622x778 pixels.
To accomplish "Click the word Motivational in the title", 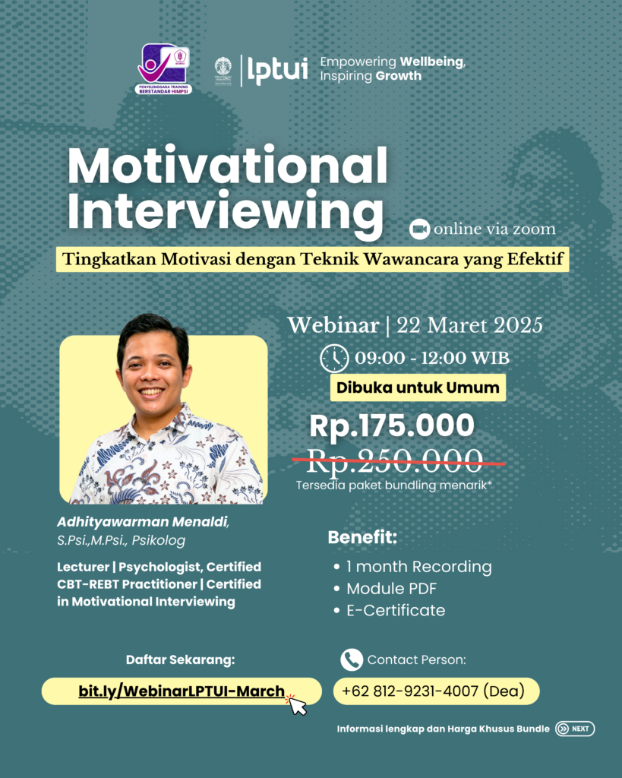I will (x=227, y=166).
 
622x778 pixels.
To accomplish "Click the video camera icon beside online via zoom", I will (x=418, y=229).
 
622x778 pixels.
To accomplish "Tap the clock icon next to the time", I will (x=334, y=358).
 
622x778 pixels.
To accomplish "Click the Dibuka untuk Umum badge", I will (x=418, y=387).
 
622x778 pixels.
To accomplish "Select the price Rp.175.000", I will (x=392, y=426).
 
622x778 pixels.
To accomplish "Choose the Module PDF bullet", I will (x=391, y=589).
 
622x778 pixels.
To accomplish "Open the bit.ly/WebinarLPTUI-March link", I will (x=182, y=691).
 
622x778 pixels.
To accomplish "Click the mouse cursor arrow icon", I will (x=297, y=705).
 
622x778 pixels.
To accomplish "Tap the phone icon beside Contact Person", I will (x=351, y=659).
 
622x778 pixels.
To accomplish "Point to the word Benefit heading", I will (x=362, y=538).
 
